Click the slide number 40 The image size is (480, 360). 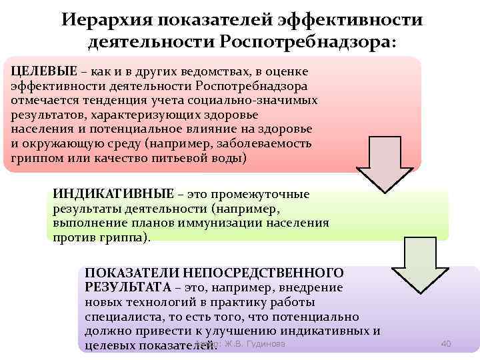pyautogui.click(x=447, y=343)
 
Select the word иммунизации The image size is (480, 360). pyautogui.click(x=217, y=223)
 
